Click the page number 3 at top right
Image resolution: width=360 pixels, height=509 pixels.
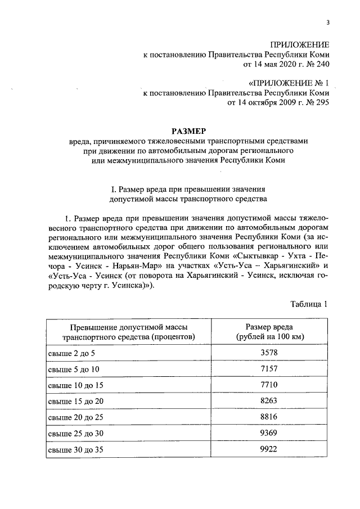click(x=327, y=22)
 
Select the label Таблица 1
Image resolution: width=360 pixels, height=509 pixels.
click(x=309, y=304)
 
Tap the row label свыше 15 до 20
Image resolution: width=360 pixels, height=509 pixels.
click(x=74, y=401)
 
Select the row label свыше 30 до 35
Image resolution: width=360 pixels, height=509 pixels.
click(x=74, y=450)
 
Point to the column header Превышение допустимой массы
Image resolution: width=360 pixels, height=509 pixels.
click(x=128, y=327)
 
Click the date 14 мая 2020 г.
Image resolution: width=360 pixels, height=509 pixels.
click(x=274, y=65)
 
